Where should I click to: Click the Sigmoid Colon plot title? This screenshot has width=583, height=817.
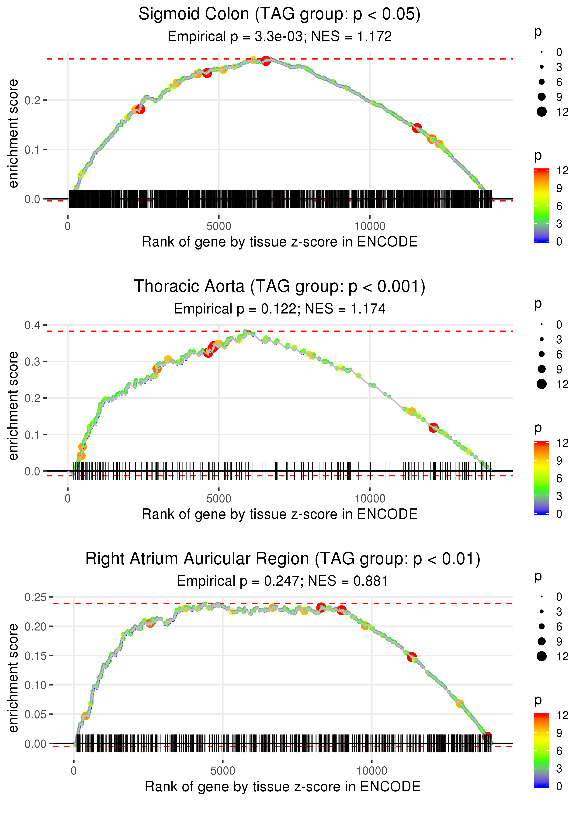279,14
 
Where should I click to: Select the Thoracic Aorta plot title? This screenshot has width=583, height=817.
279,287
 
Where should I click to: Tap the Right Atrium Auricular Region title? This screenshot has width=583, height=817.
283,559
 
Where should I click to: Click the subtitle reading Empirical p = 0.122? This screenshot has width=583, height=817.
279,309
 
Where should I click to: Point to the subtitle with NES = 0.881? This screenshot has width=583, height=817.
283,581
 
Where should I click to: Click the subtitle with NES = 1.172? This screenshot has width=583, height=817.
279,37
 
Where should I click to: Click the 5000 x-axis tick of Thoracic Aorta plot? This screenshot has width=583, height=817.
219,499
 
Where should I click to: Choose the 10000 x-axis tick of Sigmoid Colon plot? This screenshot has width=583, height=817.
370,226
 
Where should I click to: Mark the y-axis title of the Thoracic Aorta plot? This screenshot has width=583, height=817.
13,406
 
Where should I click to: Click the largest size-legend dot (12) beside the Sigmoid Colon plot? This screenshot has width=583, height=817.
541,112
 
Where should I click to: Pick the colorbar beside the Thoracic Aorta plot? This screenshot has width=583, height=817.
541,478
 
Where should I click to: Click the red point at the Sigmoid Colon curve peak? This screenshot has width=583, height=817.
266,60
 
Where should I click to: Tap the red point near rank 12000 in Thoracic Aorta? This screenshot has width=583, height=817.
433,428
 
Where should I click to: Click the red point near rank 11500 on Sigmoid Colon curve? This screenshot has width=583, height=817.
417,128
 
